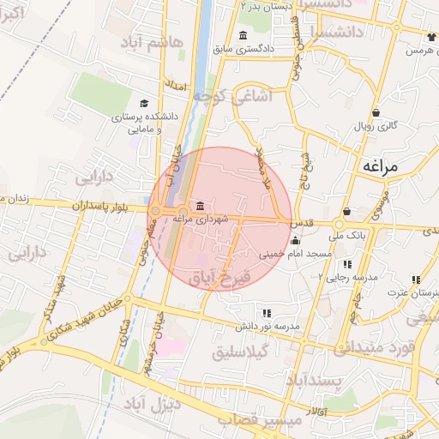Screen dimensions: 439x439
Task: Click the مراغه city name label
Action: tap(381, 165)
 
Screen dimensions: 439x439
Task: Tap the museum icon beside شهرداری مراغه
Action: tap(200, 206)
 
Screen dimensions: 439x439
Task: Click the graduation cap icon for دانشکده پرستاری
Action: tap(144, 103)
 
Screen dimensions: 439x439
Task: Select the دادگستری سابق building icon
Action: tap(244, 35)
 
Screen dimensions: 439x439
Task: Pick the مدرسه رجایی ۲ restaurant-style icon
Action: tap(347, 264)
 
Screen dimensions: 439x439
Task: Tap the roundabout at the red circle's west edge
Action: tap(155, 210)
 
